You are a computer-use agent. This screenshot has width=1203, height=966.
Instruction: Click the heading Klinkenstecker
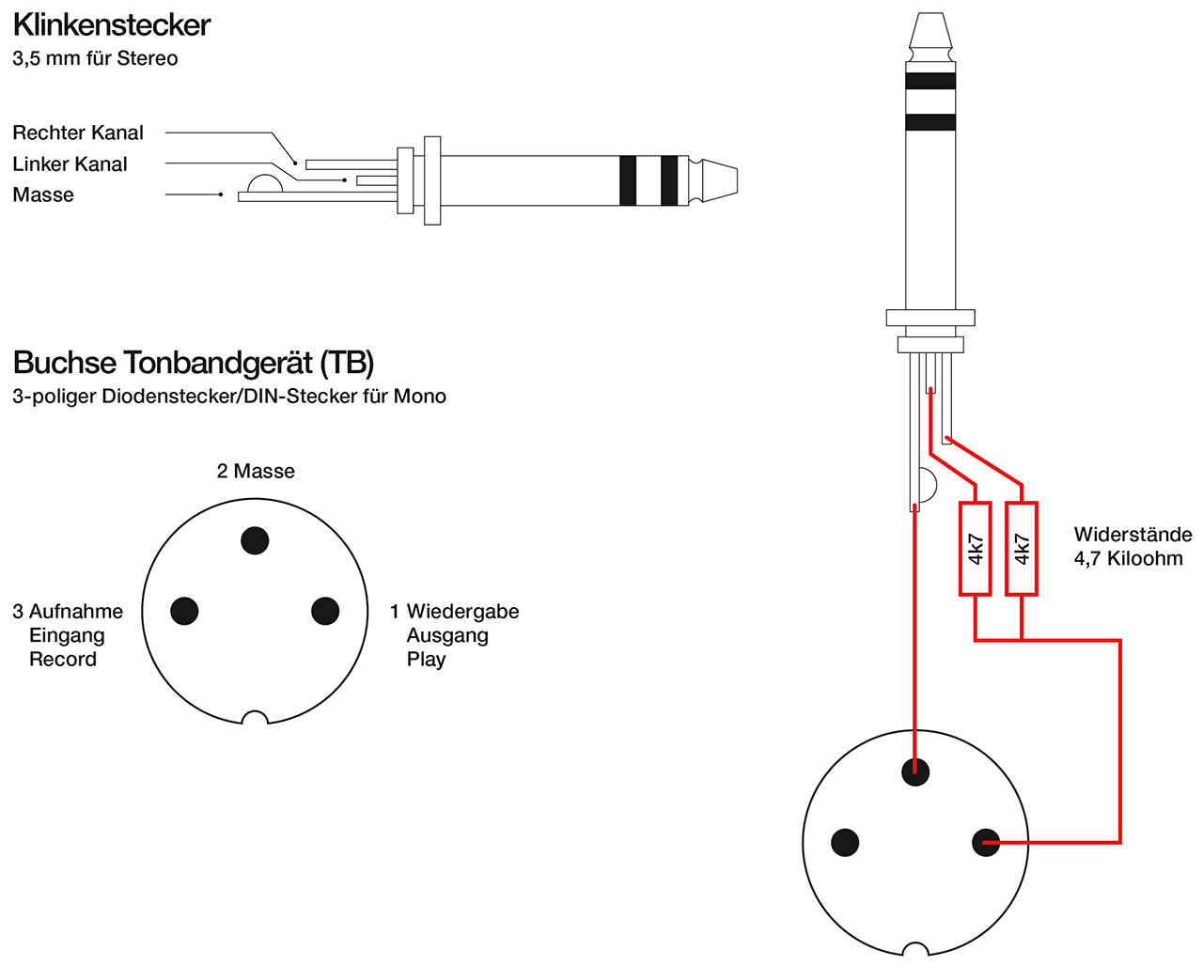point(112,25)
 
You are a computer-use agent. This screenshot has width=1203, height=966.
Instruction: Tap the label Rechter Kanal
point(78,132)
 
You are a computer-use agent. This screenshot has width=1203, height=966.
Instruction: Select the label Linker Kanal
point(70,164)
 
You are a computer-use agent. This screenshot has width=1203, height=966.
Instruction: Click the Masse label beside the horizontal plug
point(43,195)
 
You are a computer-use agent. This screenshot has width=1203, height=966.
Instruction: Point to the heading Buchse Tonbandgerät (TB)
point(194,363)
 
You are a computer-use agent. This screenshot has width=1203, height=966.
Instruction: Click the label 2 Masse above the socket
point(256,471)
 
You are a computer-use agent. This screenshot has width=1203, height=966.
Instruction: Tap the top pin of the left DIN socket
point(255,540)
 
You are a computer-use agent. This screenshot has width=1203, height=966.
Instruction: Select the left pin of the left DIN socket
point(184,611)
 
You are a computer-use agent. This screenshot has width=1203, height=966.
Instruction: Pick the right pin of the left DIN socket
point(325,611)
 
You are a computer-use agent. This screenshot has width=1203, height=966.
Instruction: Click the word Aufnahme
point(76,611)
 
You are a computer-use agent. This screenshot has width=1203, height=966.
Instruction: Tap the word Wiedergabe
point(462,611)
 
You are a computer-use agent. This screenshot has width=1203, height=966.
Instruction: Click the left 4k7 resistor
point(975,549)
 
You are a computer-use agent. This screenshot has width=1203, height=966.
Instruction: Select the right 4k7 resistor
point(1022,549)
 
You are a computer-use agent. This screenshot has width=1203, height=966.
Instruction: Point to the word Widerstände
point(1133,534)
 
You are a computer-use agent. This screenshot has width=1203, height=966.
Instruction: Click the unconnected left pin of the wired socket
point(845,842)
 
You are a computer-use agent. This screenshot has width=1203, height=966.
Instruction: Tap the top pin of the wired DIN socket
point(915,771)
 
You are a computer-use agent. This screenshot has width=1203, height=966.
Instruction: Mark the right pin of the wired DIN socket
point(986,842)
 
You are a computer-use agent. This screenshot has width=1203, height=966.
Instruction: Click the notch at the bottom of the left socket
point(255,719)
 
